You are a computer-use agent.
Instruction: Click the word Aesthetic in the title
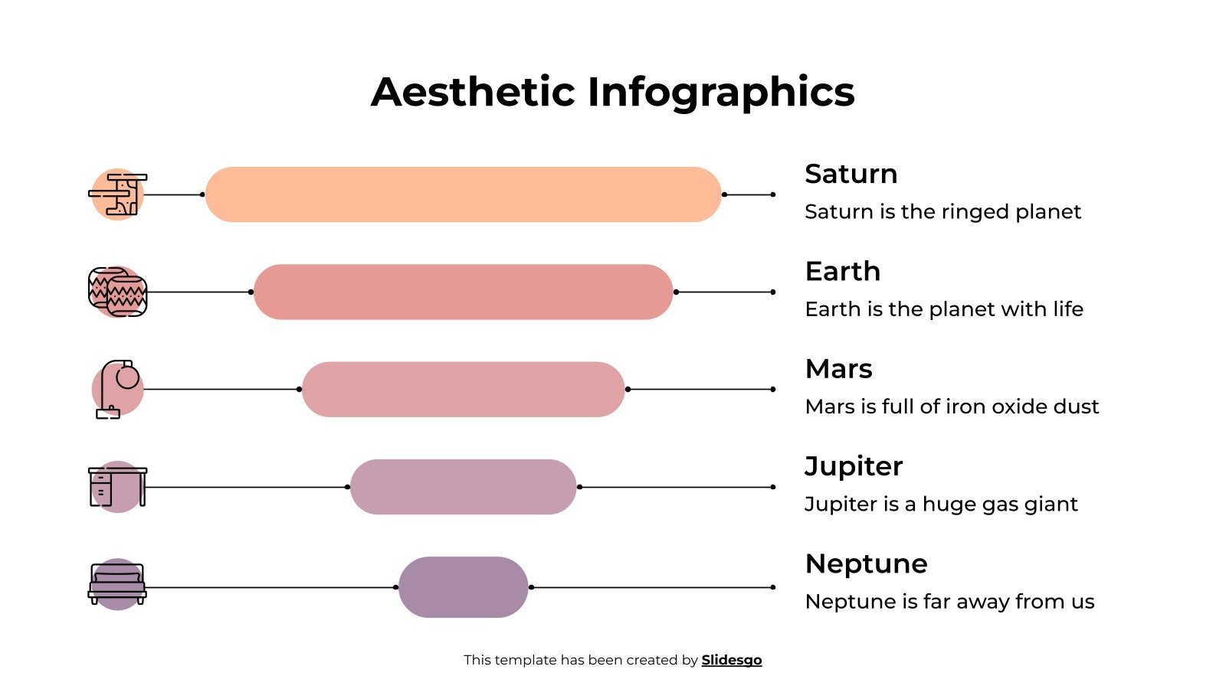pos(472,92)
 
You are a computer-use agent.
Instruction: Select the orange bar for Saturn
pos(463,194)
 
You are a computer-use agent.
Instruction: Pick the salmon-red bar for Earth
pos(463,292)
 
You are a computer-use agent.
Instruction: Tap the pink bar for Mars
pos(463,389)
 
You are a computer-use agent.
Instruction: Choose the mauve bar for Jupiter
pos(463,487)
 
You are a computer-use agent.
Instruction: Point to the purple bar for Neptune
pos(463,587)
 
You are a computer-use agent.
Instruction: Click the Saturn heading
pos(851,175)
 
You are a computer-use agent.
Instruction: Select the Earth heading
pos(842,272)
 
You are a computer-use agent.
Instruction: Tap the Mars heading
pos(838,369)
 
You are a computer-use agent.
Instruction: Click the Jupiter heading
pos(854,466)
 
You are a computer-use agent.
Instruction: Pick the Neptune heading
pos(866,564)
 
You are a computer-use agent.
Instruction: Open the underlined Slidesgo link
pos(731,660)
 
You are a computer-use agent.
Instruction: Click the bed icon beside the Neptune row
pos(117,585)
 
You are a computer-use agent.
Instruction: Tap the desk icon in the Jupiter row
pos(117,486)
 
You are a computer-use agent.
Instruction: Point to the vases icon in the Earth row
pos(117,292)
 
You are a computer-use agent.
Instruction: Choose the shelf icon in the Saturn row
pos(118,194)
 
